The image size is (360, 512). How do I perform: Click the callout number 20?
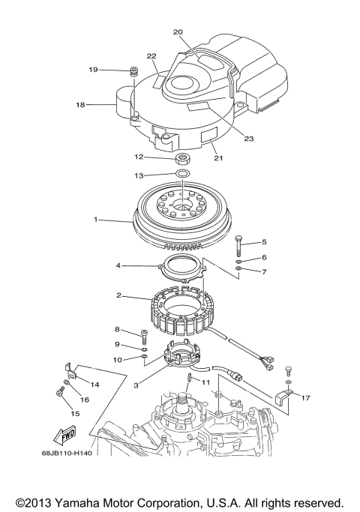tap(178, 32)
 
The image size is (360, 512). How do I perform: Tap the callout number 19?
tap(94, 70)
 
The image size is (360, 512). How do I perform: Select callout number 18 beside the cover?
tap(80, 106)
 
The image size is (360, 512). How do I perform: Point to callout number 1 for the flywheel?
tap(96, 220)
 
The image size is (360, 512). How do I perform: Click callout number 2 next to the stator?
tap(118, 295)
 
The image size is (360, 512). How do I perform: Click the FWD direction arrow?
tap(66, 433)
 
